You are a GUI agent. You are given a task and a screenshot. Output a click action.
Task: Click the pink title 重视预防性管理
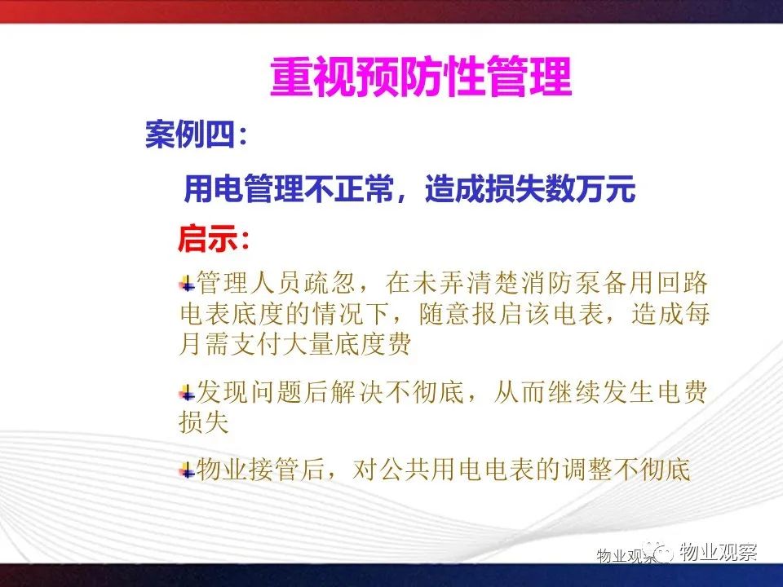click(421, 77)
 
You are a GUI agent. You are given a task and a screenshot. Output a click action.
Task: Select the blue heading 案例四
click(190, 134)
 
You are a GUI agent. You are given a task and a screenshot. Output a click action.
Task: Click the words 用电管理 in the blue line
click(244, 188)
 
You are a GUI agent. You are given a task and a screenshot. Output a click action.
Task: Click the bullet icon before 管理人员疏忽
click(188, 284)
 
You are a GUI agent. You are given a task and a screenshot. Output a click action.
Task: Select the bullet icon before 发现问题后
click(188, 393)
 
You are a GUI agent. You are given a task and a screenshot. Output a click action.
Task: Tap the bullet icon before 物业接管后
click(188, 470)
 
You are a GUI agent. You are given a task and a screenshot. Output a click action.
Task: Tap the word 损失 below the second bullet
click(204, 422)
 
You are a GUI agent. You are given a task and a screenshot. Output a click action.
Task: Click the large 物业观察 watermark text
click(718, 552)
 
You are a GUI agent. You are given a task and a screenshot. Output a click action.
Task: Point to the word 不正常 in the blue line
click(349, 188)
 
